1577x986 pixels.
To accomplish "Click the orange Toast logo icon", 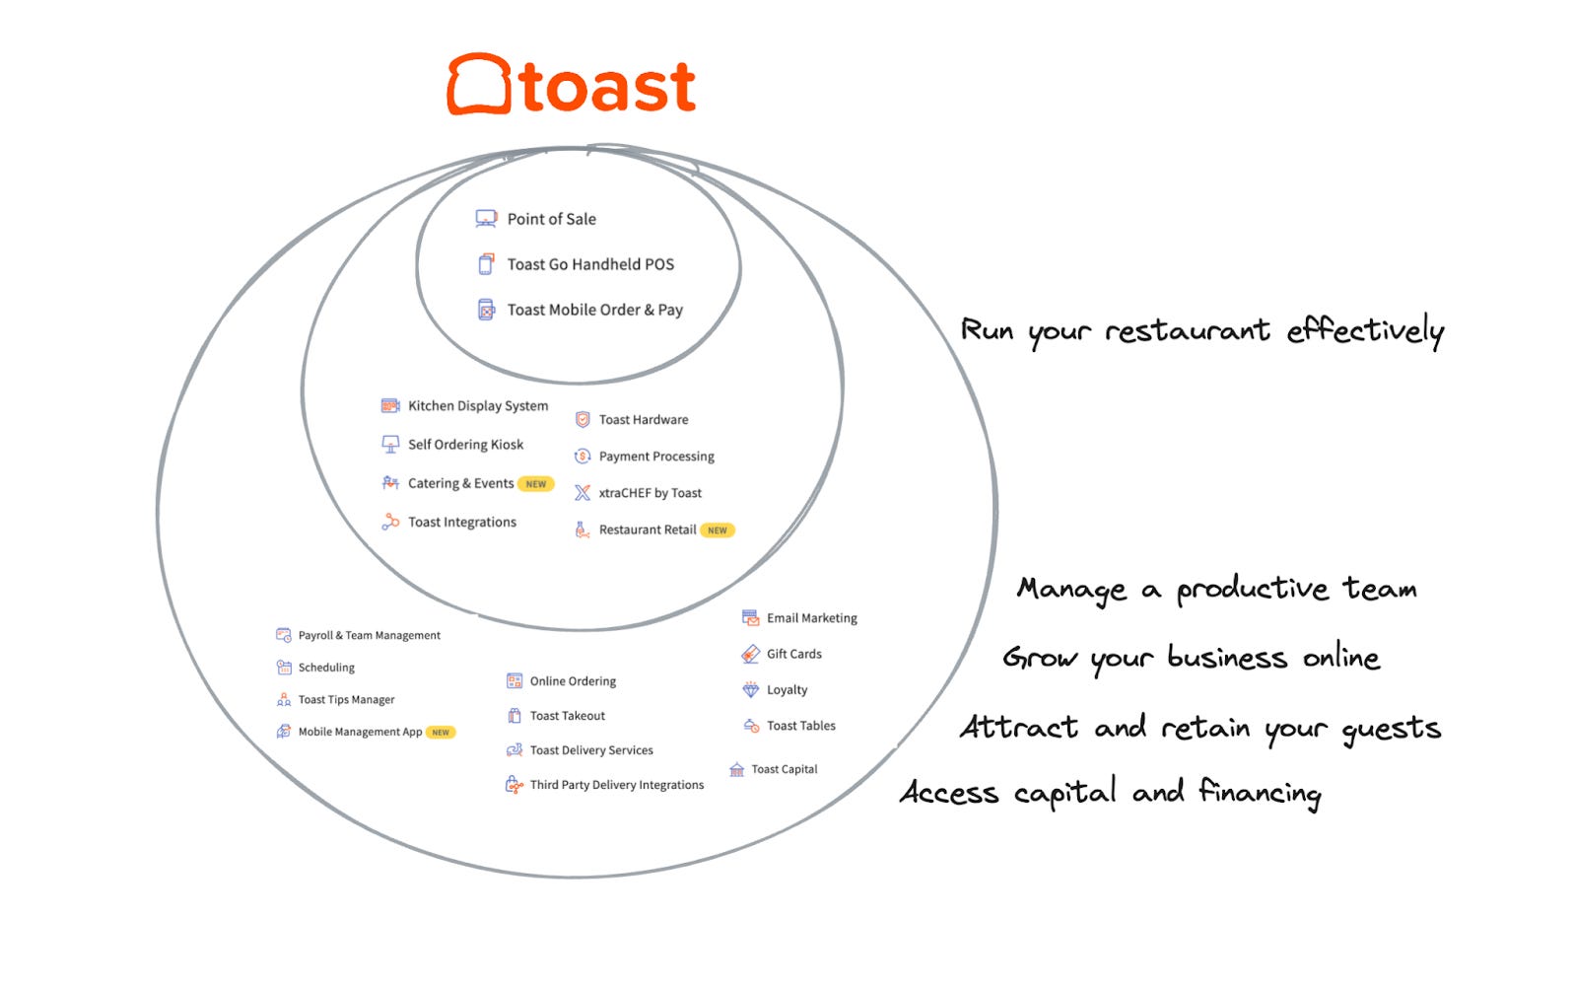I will (x=479, y=85).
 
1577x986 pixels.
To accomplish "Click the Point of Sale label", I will (x=551, y=219).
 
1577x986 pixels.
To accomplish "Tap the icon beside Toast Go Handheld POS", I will (x=486, y=264).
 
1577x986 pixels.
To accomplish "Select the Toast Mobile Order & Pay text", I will (x=594, y=310).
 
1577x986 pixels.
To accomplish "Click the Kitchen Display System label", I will (x=478, y=405).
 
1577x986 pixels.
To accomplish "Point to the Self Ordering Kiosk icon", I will (x=390, y=445).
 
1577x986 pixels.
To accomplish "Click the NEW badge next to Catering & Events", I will (x=536, y=484).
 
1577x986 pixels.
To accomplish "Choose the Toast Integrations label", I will (x=462, y=523).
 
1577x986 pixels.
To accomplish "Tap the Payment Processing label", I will (x=656, y=457).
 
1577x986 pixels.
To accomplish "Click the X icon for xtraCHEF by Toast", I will (x=583, y=493).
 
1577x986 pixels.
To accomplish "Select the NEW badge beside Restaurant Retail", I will (x=718, y=530).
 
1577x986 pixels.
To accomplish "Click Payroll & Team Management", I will (x=370, y=636).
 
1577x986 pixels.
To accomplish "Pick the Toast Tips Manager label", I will (x=346, y=700).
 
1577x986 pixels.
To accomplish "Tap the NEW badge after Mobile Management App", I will (x=441, y=733).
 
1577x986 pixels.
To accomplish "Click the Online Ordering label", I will (x=573, y=681).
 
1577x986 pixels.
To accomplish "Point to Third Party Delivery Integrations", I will (x=617, y=785).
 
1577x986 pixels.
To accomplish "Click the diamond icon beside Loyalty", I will (x=751, y=690).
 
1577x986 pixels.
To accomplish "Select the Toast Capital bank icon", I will (x=736, y=770).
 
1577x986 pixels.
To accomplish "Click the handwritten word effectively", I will (x=1365, y=331).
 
